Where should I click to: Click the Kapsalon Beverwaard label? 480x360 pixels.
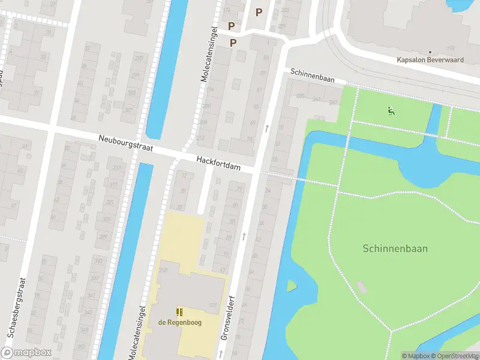coord(431,59)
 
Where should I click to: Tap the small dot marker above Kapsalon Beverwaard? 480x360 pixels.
coord(430,52)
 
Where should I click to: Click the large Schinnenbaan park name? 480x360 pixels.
coord(395,248)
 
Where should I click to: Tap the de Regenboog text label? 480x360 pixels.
coord(179,322)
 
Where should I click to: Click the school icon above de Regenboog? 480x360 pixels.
coord(179,311)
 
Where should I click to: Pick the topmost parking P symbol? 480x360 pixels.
coord(259,12)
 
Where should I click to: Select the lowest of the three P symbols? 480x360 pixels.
coord(233,43)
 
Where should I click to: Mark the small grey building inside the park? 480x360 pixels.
coord(361,287)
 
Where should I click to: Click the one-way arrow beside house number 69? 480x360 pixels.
coord(266,127)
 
